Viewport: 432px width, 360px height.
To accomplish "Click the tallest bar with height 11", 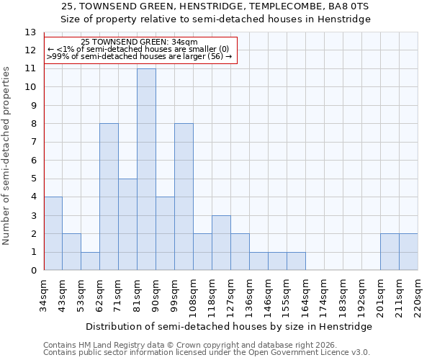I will pyautogui.click(x=146, y=169).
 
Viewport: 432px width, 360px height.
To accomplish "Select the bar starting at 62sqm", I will pyautogui.click(x=109, y=197).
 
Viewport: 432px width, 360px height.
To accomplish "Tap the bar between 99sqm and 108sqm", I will pyautogui.click(x=184, y=197).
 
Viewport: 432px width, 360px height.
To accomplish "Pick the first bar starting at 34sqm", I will pyautogui.click(x=53, y=233).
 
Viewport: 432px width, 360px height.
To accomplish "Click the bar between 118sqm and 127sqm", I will pyautogui.click(x=221, y=243).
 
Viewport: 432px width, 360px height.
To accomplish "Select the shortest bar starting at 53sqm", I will pyautogui.click(x=90, y=261).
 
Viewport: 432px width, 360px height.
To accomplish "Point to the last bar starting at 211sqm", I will pyautogui.click(x=408, y=252).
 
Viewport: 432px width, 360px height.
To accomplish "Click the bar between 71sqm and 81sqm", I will pyautogui.click(x=127, y=225).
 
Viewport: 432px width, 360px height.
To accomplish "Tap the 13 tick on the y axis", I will pyautogui.click(x=30, y=32).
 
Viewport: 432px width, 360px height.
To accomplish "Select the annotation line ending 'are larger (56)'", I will pyautogui.click(x=140, y=56).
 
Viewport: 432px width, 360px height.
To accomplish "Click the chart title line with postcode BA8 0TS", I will pyautogui.click(x=215, y=6).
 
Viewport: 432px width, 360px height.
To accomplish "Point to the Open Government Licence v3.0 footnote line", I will pyautogui.click(x=207, y=353).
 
